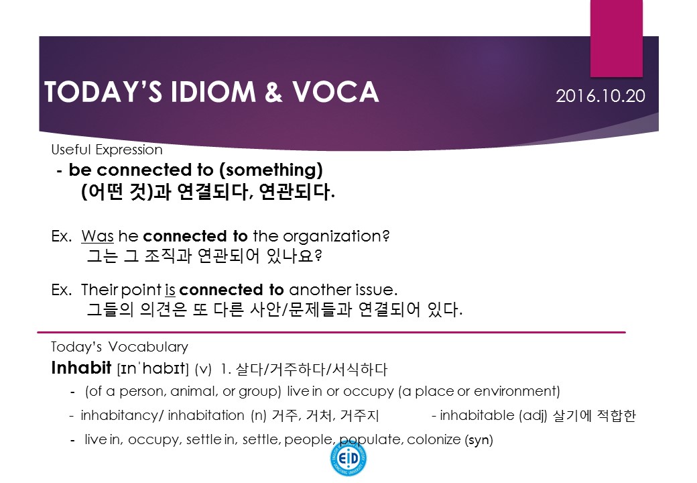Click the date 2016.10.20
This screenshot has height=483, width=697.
[x=600, y=96]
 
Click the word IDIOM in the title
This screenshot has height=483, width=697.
[x=213, y=92]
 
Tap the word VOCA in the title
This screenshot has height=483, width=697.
[x=335, y=92]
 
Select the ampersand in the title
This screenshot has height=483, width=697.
[x=273, y=92]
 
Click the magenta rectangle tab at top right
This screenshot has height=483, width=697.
[x=617, y=38]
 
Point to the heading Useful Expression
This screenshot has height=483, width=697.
[x=107, y=150]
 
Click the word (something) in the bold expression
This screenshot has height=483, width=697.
[x=271, y=170]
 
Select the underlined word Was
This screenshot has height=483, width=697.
[x=97, y=235]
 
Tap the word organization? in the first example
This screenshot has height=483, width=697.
[x=336, y=236]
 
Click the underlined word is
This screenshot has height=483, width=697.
[x=170, y=290]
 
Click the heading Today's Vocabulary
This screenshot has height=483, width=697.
[x=119, y=347]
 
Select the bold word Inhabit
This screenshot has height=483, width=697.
[x=81, y=368]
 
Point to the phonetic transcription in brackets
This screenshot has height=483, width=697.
[x=153, y=369]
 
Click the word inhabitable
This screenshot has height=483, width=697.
[x=477, y=415]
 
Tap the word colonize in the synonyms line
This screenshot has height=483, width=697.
[x=434, y=439]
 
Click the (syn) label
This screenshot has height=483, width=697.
[x=479, y=440]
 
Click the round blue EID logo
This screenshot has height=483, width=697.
[x=348, y=458]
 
